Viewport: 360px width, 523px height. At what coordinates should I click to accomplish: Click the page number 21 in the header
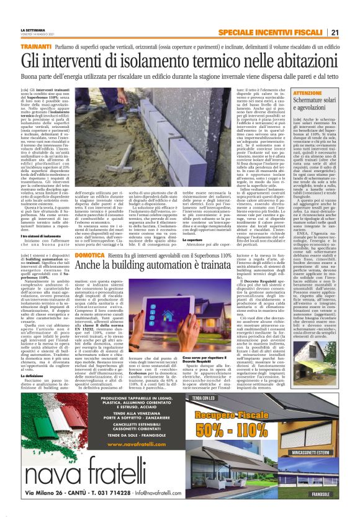pyautogui.click(x=335, y=32)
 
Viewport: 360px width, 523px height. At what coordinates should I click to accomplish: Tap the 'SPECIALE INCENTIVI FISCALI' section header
pyautogui.click(x=272, y=32)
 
